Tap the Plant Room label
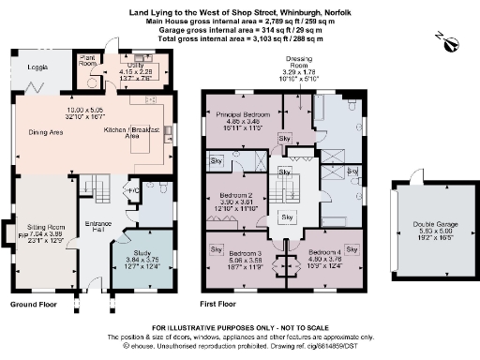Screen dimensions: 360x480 (89, 60)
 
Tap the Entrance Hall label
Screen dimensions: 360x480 (94, 228)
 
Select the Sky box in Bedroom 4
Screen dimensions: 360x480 (353, 249)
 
